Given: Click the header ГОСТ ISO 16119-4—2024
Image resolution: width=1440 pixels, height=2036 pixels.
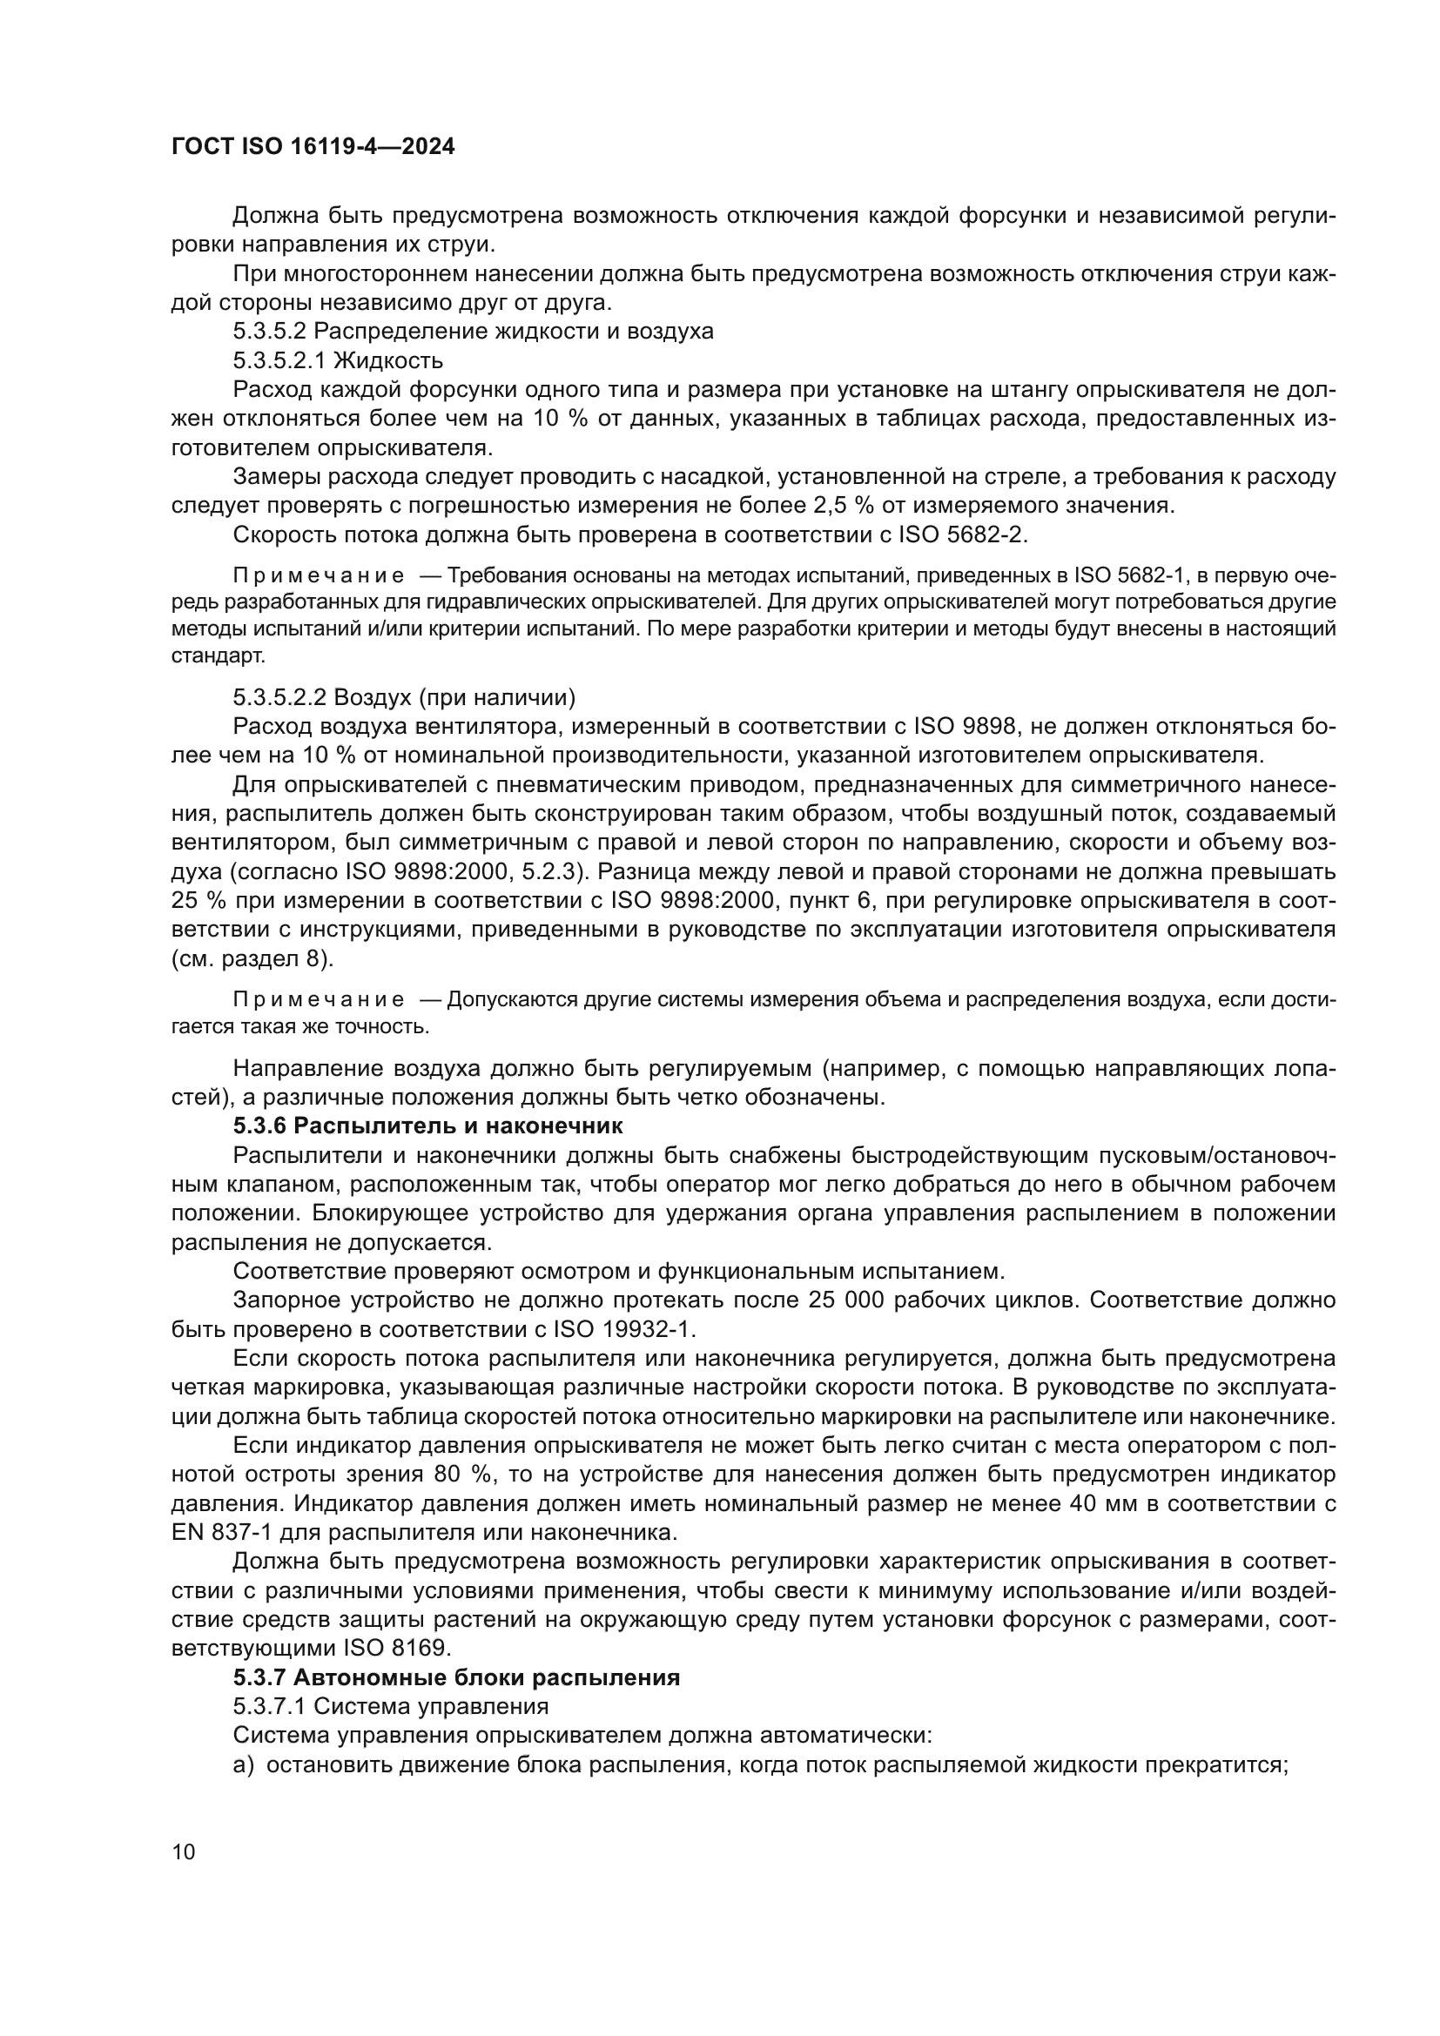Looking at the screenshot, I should (x=313, y=147).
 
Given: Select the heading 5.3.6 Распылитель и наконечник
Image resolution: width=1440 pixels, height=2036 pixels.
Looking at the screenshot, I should (x=428, y=1126).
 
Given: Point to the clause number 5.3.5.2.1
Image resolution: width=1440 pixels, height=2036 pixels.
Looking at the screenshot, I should (x=279, y=361).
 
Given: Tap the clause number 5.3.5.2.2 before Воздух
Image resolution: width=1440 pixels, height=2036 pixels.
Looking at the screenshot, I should (x=279, y=698).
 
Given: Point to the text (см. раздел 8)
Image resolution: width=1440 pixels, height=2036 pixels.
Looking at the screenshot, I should (x=252, y=958).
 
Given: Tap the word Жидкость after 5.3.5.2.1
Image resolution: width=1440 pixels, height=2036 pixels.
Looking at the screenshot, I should (x=387, y=361).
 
